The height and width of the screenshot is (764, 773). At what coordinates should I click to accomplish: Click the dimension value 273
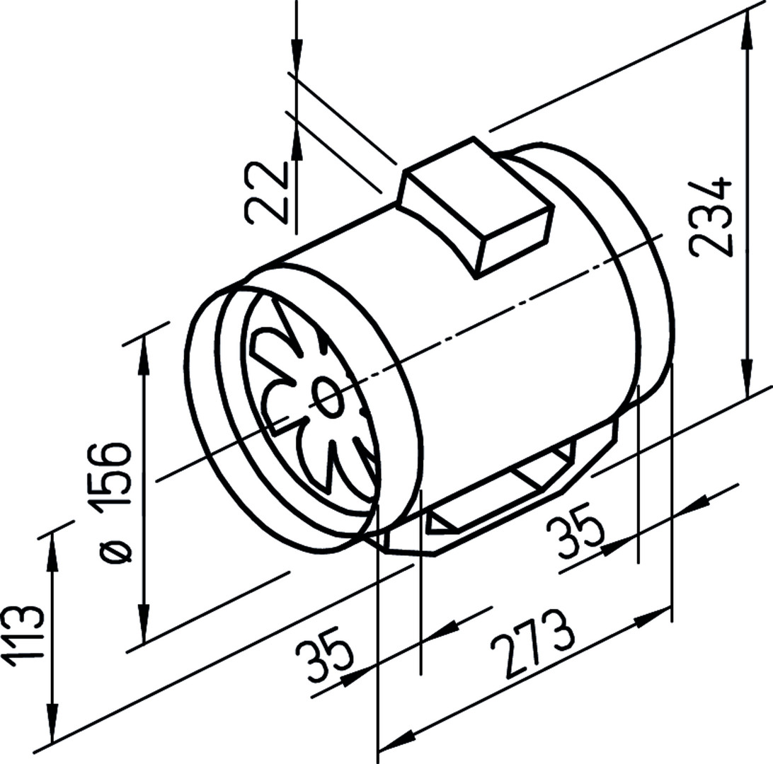pos(533,643)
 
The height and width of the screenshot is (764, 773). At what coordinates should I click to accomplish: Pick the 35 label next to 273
pos(326,654)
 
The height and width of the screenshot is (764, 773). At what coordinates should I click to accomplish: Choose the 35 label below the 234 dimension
pos(576,535)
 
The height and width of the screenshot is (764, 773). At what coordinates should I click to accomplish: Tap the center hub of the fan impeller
pos(327,398)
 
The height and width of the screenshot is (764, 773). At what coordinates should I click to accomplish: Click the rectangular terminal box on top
pos(476,207)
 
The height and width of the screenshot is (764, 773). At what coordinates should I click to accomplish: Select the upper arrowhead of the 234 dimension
pos(748,30)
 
